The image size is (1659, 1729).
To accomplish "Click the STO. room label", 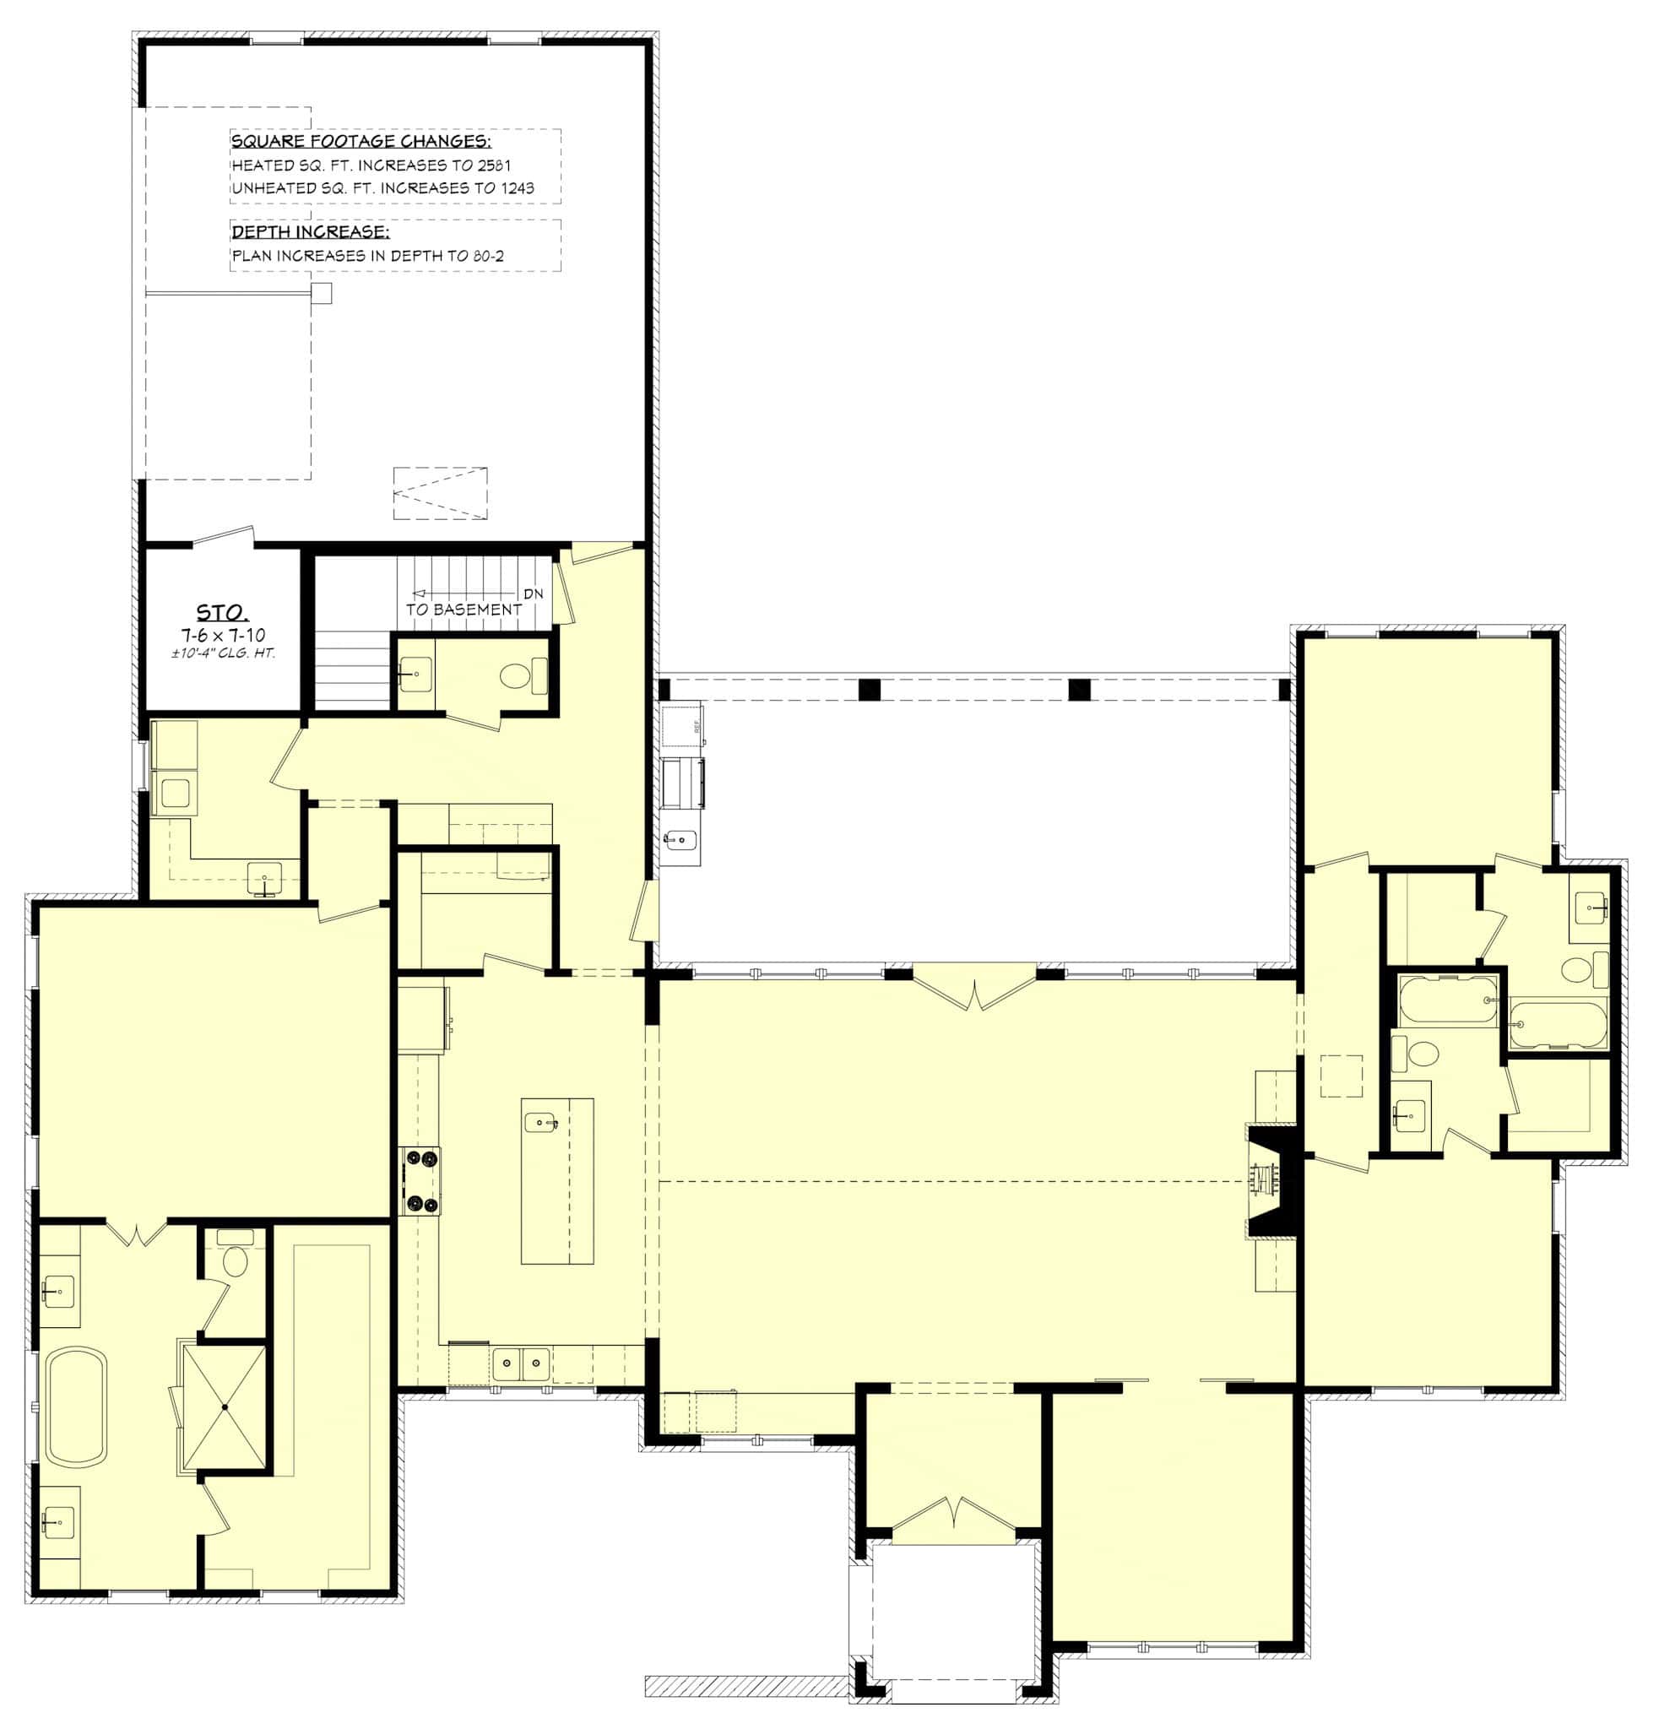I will [x=221, y=612].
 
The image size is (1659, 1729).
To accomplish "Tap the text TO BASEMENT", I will [x=463, y=610].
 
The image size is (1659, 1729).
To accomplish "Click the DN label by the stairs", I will [x=533, y=593].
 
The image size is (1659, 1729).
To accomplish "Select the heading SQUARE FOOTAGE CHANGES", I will [x=361, y=142].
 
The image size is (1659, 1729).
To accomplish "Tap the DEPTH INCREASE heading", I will [x=310, y=232].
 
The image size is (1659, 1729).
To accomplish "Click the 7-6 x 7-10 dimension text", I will [x=223, y=634].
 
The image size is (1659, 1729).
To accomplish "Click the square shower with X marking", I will [x=225, y=1407].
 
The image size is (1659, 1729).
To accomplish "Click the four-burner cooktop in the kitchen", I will [x=420, y=1180].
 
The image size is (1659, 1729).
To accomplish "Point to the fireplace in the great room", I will [x=1265, y=1179].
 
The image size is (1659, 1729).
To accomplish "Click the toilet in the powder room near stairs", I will [x=513, y=676].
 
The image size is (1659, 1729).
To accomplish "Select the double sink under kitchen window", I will [x=519, y=1364].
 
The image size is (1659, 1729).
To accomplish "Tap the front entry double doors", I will [x=953, y=1514].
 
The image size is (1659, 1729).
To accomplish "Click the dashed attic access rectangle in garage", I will [x=439, y=492].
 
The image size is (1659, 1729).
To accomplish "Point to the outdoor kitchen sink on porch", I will [x=680, y=839].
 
